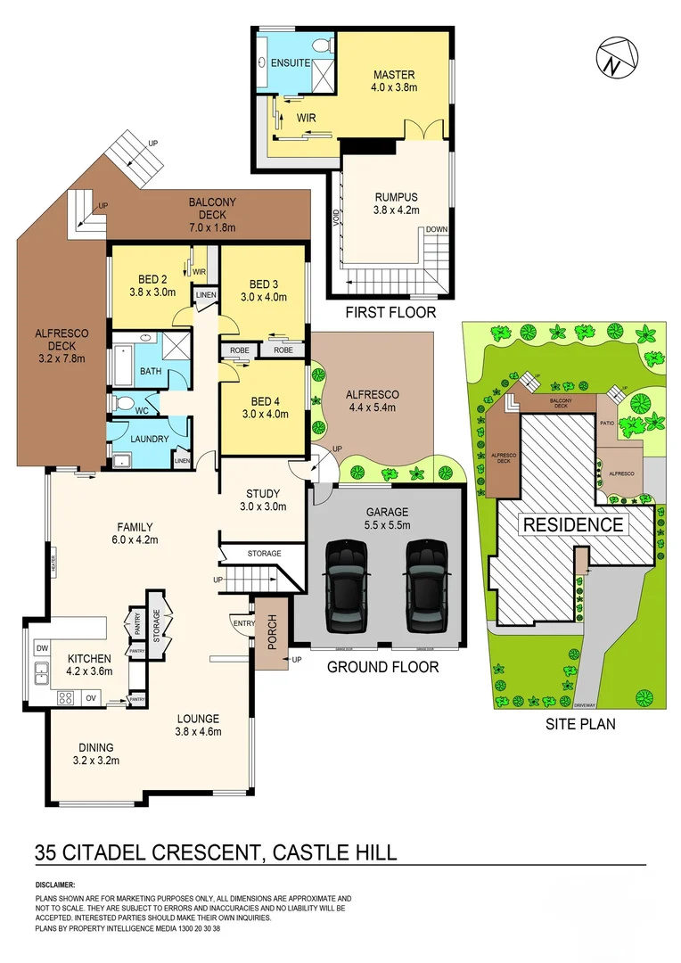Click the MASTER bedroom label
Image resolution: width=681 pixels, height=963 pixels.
[x=394, y=75]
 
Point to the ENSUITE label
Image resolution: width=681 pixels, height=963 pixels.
[x=291, y=63]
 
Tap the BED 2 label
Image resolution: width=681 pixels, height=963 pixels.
[x=152, y=277]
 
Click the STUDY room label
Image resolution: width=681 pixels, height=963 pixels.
[x=262, y=493]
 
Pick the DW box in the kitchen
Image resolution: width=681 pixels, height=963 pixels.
[x=41, y=648]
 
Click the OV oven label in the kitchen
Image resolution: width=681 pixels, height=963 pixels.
[x=91, y=698]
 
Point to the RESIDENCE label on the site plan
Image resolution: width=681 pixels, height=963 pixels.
[x=573, y=524]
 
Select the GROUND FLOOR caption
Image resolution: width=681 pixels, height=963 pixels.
[x=383, y=666]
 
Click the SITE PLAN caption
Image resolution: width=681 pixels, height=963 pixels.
[x=580, y=724]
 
